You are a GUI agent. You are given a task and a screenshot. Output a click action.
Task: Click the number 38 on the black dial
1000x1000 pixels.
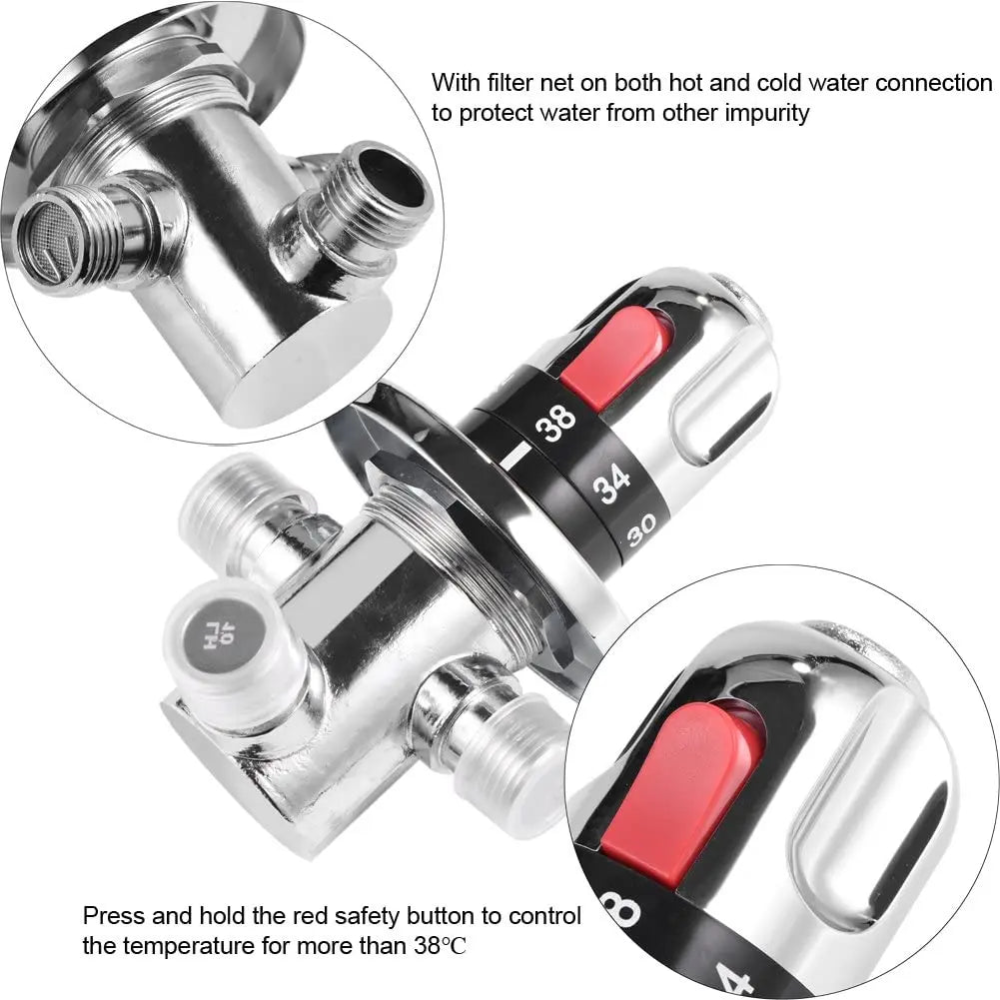click(555, 424)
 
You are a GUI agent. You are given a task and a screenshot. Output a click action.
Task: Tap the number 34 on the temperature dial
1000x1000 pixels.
click(611, 486)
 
